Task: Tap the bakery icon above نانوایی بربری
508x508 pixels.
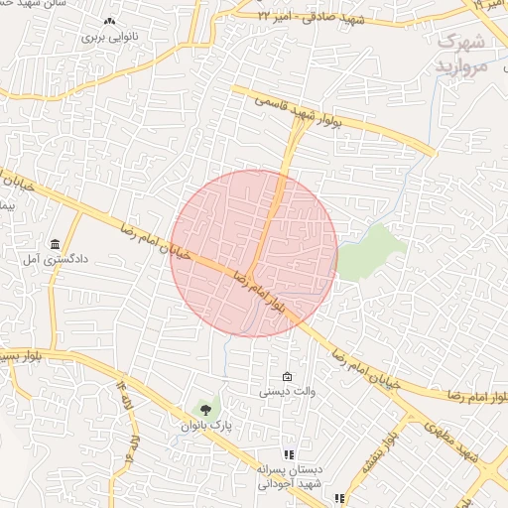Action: pos(108,21)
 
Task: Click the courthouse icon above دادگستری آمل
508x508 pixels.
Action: pos(54,244)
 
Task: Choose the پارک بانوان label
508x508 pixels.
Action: pos(205,425)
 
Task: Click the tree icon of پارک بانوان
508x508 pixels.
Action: pos(205,408)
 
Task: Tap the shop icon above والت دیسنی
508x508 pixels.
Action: pos(288,377)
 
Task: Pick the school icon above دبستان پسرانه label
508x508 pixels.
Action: pos(290,453)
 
